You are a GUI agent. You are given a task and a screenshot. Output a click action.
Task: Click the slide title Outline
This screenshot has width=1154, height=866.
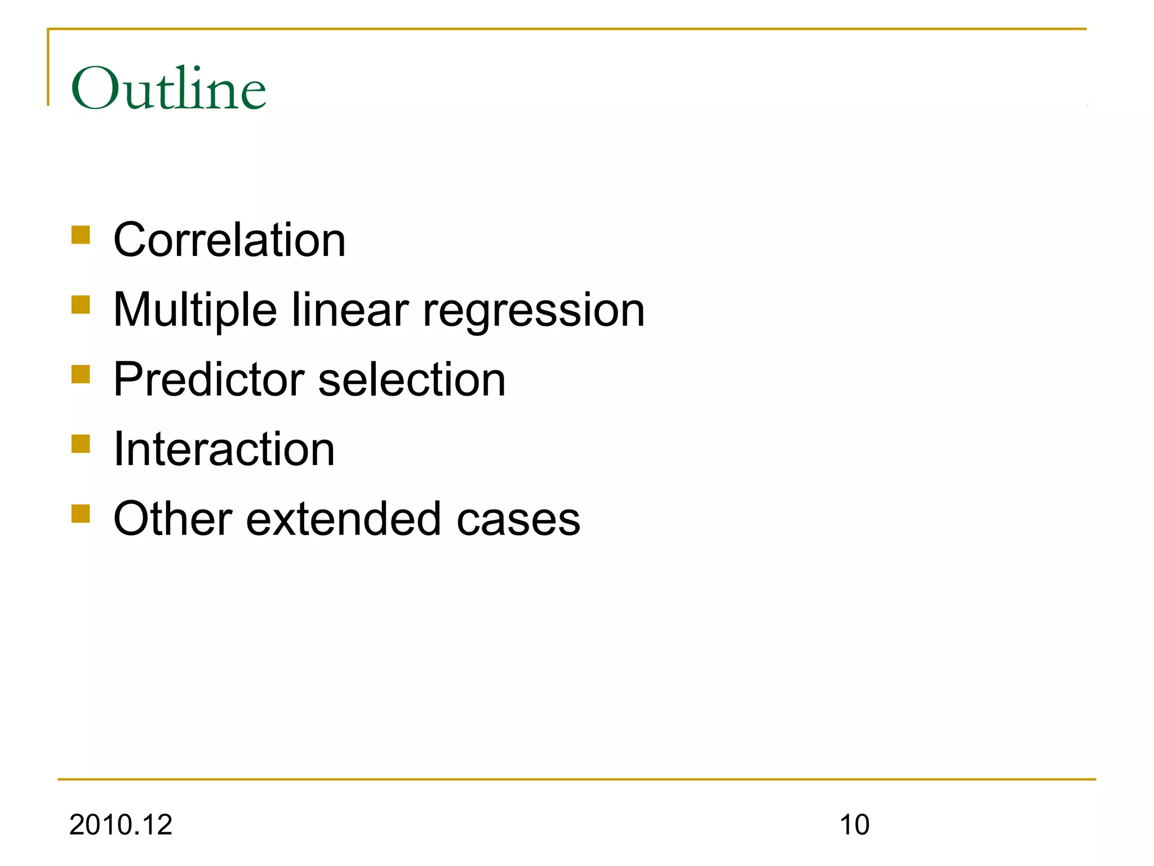pyautogui.click(x=168, y=89)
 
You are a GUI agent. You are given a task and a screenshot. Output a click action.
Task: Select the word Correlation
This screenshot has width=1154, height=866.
pyautogui.click(x=229, y=240)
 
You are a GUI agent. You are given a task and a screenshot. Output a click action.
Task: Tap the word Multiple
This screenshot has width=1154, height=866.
pyautogui.click(x=195, y=310)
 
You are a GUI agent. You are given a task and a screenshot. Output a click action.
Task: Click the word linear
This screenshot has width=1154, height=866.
pyautogui.click(x=350, y=310)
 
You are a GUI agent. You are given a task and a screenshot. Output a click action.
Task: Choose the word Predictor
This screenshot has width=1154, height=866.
pyautogui.click(x=209, y=379)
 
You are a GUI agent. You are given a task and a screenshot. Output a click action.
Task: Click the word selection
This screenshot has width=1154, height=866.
pyautogui.click(x=412, y=379)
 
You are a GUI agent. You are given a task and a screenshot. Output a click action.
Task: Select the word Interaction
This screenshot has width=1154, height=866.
pyautogui.click(x=224, y=449)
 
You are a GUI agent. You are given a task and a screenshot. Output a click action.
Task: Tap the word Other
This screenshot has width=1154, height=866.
pyautogui.click(x=173, y=519)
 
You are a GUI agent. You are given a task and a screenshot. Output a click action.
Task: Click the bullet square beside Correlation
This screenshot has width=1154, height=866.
pyautogui.click(x=81, y=235)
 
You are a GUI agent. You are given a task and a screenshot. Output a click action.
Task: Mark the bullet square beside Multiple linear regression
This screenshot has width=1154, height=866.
pyautogui.click(x=81, y=305)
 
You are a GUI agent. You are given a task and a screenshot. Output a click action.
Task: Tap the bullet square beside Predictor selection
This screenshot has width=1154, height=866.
pyautogui.click(x=81, y=374)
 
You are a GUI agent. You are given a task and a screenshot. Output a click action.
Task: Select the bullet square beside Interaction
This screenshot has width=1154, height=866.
pyautogui.click(x=81, y=444)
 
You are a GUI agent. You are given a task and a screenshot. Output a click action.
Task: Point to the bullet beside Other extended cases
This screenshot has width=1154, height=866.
pyautogui.click(x=81, y=514)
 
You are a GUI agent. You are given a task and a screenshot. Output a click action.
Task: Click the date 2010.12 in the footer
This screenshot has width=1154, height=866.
pyautogui.click(x=121, y=825)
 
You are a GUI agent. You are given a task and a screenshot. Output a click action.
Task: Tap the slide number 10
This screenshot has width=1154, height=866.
pyautogui.click(x=854, y=825)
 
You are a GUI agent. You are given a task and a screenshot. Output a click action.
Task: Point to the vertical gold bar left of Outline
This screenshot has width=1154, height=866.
pyautogui.click(x=48, y=68)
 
